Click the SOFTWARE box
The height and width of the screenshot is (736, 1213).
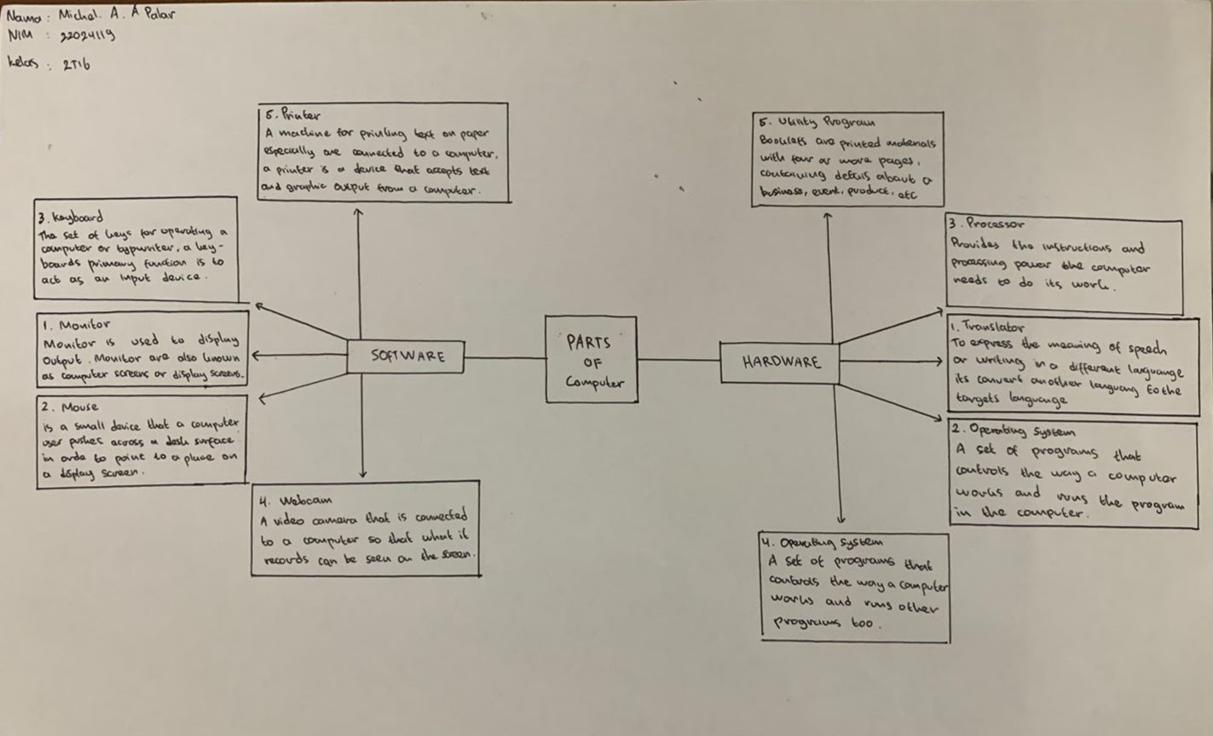click(406, 356)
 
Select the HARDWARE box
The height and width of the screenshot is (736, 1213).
click(780, 362)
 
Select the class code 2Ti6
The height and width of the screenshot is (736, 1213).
click(76, 65)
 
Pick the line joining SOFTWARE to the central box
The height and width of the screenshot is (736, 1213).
click(505, 358)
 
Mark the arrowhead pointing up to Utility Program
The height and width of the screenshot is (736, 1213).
click(828, 217)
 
